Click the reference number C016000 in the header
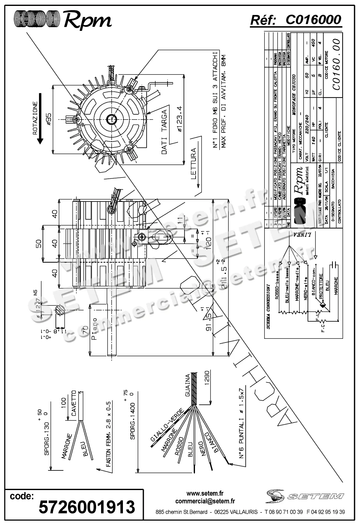point(313,20)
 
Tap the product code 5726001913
point(87,507)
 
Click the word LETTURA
point(193,163)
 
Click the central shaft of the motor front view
point(111,119)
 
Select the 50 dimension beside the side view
point(38,243)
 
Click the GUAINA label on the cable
point(187,386)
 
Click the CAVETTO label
point(74,403)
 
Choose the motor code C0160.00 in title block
point(336,64)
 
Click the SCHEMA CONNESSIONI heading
point(268,307)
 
